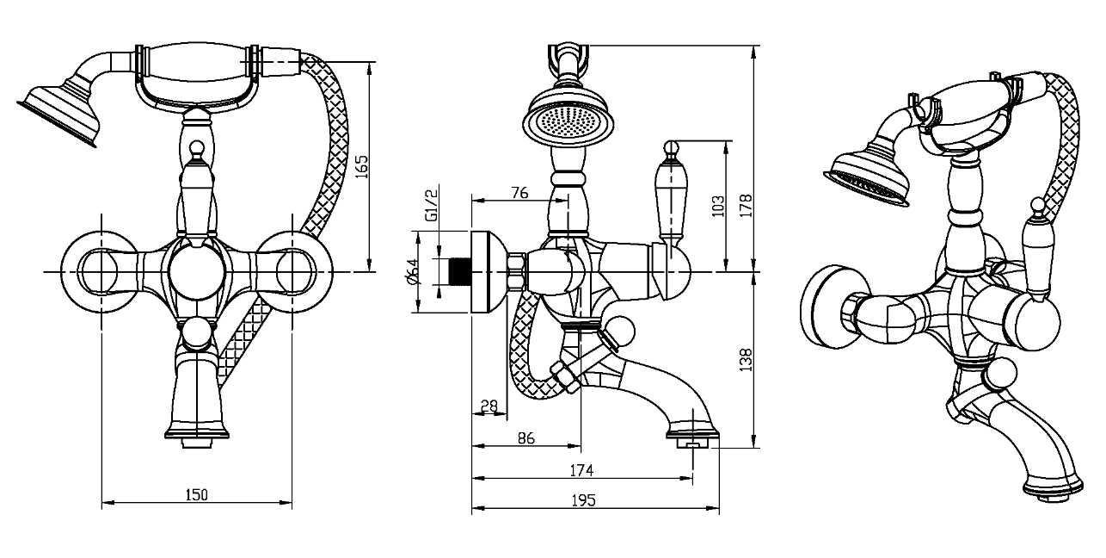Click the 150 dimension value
click(x=196, y=494)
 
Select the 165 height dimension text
click(x=362, y=167)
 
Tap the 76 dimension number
click(x=520, y=192)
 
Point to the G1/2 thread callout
click(x=431, y=205)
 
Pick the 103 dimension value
click(x=718, y=206)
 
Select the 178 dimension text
click(x=746, y=206)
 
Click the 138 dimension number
click(x=746, y=360)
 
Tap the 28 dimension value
click(x=489, y=406)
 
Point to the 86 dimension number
click(x=526, y=438)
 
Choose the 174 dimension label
click(x=581, y=470)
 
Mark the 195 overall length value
click(x=584, y=500)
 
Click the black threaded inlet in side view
click(x=458, y=271)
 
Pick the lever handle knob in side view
click(x=671, y=147)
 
